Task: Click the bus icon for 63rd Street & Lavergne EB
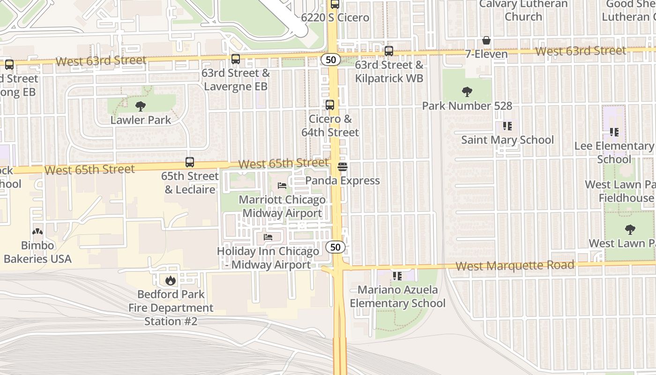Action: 236,59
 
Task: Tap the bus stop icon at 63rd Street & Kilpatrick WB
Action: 389,51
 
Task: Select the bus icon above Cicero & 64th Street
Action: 330,105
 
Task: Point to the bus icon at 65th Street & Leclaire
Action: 190,162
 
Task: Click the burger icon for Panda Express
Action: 343,167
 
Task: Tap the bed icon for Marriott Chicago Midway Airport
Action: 282,186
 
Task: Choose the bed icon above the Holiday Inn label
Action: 268,237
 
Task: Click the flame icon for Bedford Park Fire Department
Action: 170,280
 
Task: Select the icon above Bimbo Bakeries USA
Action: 37,232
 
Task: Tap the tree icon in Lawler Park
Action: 141,106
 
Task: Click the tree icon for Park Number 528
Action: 467,92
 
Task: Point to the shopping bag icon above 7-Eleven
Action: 486,41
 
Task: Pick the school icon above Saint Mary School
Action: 507,126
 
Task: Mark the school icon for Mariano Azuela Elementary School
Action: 397,276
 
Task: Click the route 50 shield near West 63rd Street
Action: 331,60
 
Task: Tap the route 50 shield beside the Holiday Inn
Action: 336,247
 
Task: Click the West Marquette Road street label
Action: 514,266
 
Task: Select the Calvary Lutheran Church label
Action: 523,10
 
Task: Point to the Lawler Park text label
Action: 141,120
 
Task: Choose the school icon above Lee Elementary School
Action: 614,132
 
